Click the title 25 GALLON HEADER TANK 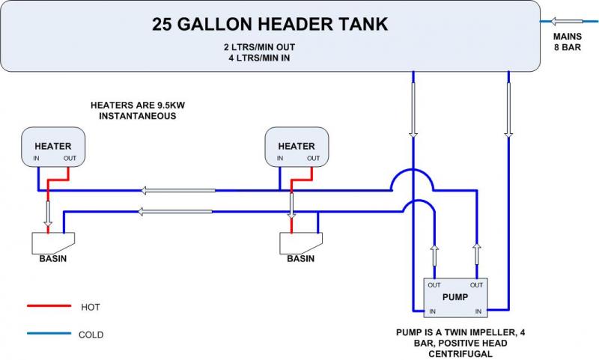pyautogui.click(x=270, y=24)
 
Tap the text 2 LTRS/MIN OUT pyautogui.click(x=270, y=46)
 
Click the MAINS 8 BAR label pyautogui.click(x=568, y=41)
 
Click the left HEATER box pyautogui.click(x=52, y=147)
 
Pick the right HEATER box pyautogui.click(x=297, y=147)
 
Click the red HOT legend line pyautogui.click(x=46, y=307)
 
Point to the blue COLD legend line pyautogui.click(x=46, y=334)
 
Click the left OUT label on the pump pyautogui.click(x=434, y=284)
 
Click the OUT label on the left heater pyautogui.click(x=70, y=158)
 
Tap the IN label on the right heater pyautogui.click(x=280, y=158)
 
